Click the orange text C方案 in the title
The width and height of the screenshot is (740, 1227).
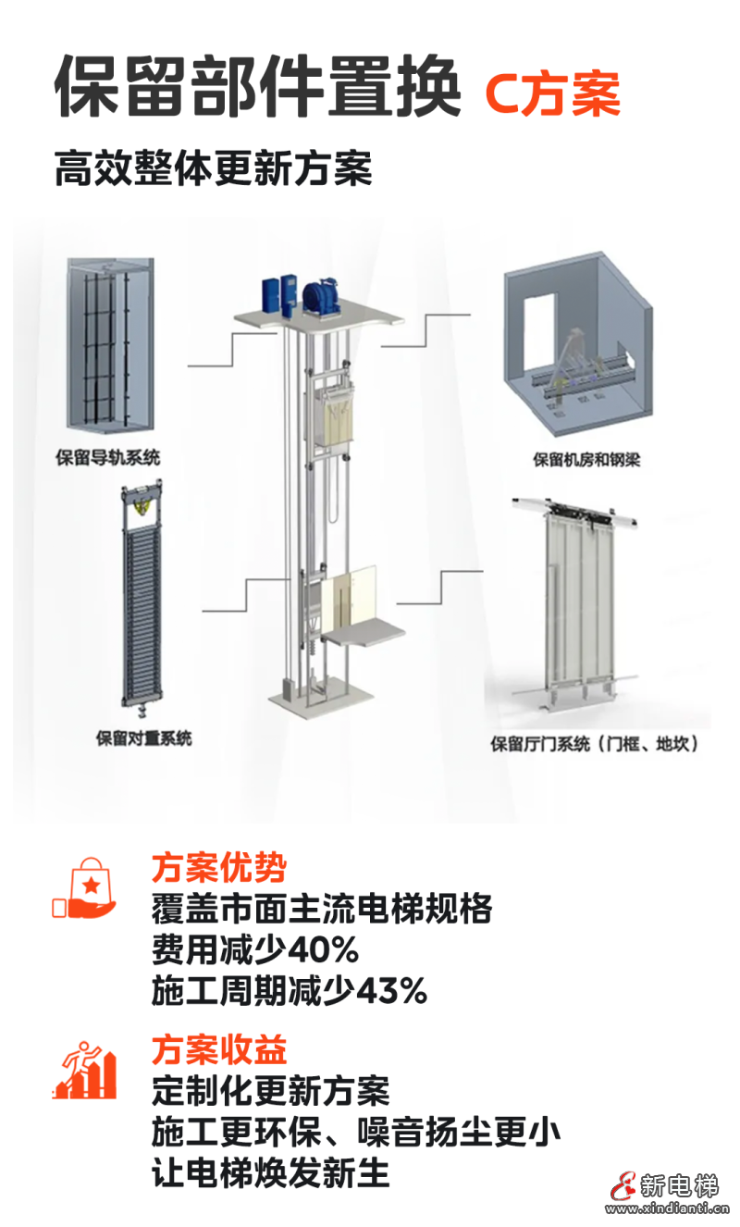552,94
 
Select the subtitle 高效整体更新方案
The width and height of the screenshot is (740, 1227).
213,169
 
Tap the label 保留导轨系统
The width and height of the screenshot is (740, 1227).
108,457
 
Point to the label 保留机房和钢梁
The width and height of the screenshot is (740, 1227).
586,459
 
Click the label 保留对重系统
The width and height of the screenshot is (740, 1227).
144,738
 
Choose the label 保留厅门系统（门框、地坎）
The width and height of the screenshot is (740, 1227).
594,743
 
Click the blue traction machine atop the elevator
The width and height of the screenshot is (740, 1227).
321,293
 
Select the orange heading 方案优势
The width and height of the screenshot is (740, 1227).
218,868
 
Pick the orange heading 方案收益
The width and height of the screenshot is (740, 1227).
218,1049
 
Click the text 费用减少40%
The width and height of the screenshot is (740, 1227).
254,949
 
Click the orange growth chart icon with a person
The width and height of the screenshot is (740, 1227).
85,1071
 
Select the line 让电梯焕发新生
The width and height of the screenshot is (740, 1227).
270,1172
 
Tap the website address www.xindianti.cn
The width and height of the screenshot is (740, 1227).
668,1208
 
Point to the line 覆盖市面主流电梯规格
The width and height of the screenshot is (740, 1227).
321,909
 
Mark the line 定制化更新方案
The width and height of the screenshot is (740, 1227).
270,1090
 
